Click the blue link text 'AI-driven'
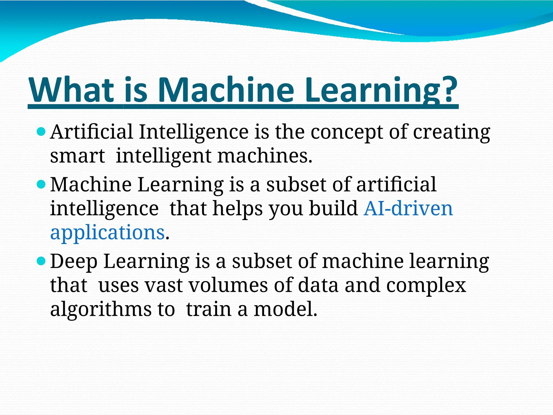coord(408,209)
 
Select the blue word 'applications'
coord(107,232)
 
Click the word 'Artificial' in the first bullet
coord(92,132)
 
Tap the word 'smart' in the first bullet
coord(77,156)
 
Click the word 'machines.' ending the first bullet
coord(265,156)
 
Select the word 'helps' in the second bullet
coord(238,209)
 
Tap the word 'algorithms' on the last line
coord(101,310)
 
